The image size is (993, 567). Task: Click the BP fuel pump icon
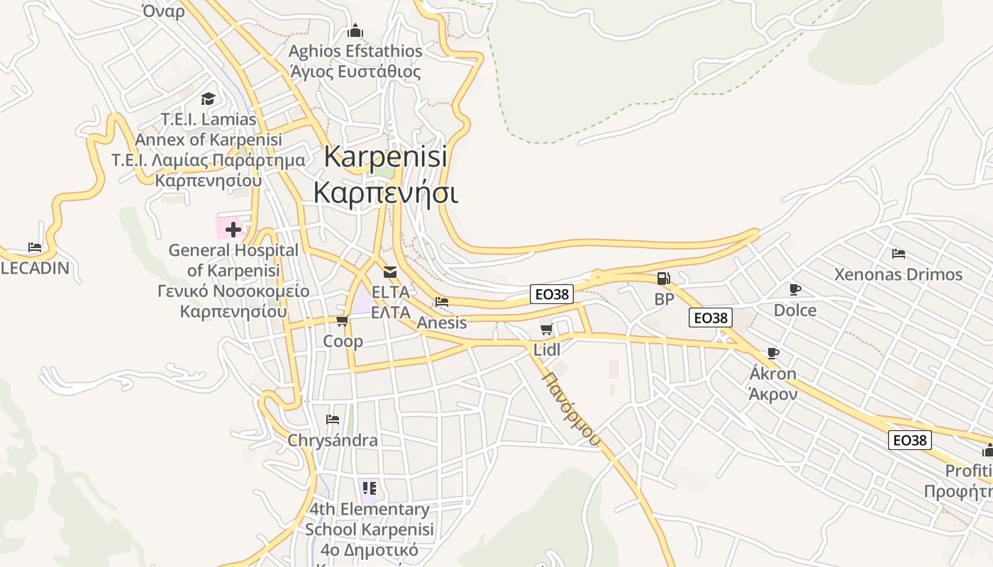click(662, 279)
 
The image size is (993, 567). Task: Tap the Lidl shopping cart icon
click(546, 329)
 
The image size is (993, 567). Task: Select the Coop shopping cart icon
click(342, 321)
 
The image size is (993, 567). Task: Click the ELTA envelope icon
click(390, 271)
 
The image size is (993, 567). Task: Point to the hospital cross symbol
click(233, 229)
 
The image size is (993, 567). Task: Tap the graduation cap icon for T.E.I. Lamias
click(208, 99)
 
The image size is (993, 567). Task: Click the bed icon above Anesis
click(442, 302)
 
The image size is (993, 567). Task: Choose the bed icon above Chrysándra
click(332, 420)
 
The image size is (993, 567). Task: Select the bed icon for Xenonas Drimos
click(899, 254)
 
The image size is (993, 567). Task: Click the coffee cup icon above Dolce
click(794, 289)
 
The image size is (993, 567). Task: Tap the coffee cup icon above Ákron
click(773, 353)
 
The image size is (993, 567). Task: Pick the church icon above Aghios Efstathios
click(355, 30)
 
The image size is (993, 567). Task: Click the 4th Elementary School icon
click(369, 488)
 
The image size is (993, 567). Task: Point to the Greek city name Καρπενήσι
click(386, 192)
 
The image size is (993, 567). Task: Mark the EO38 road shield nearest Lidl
click(551, 294)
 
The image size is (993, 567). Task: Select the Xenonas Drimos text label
click(898, 274)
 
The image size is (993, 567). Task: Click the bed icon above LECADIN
click(35, 247)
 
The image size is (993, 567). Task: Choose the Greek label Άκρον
click(773, 394)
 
